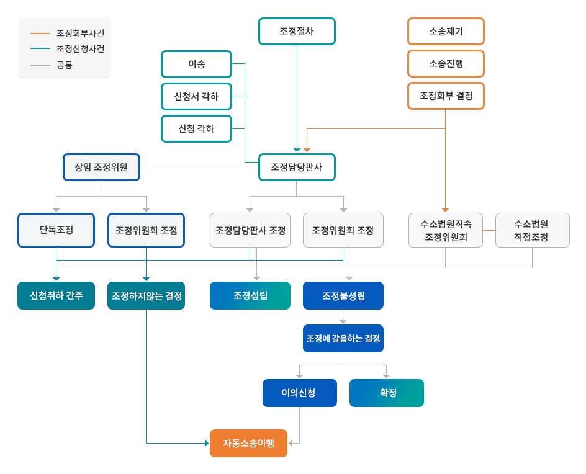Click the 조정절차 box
point(297,32)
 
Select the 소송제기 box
point(446,32)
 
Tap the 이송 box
point(197,65)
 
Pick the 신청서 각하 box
point(197,96)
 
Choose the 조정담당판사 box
point(297,168)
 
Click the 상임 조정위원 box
point(101,168)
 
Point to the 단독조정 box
point(56,230)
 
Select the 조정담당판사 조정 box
point(250,230)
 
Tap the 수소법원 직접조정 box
point(533,230)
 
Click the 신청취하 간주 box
point(56,296)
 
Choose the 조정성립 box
point(250,296)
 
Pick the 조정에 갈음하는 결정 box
point(343,338)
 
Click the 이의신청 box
point(300,393)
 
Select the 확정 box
point(387,393)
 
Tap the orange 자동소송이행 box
point(248,444)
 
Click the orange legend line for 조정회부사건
point(40,34)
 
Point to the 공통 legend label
point(65,65)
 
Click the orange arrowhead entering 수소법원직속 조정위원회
point(445,210)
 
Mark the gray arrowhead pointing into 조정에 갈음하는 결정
point(343,321)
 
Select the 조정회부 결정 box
point(446,96)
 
